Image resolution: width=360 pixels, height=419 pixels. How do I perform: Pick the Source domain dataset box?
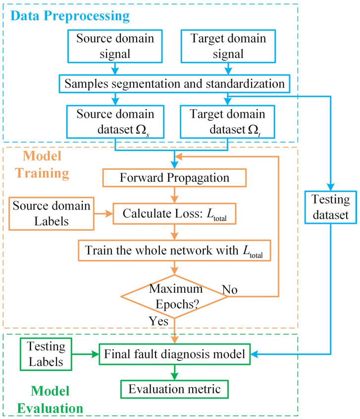115,120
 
